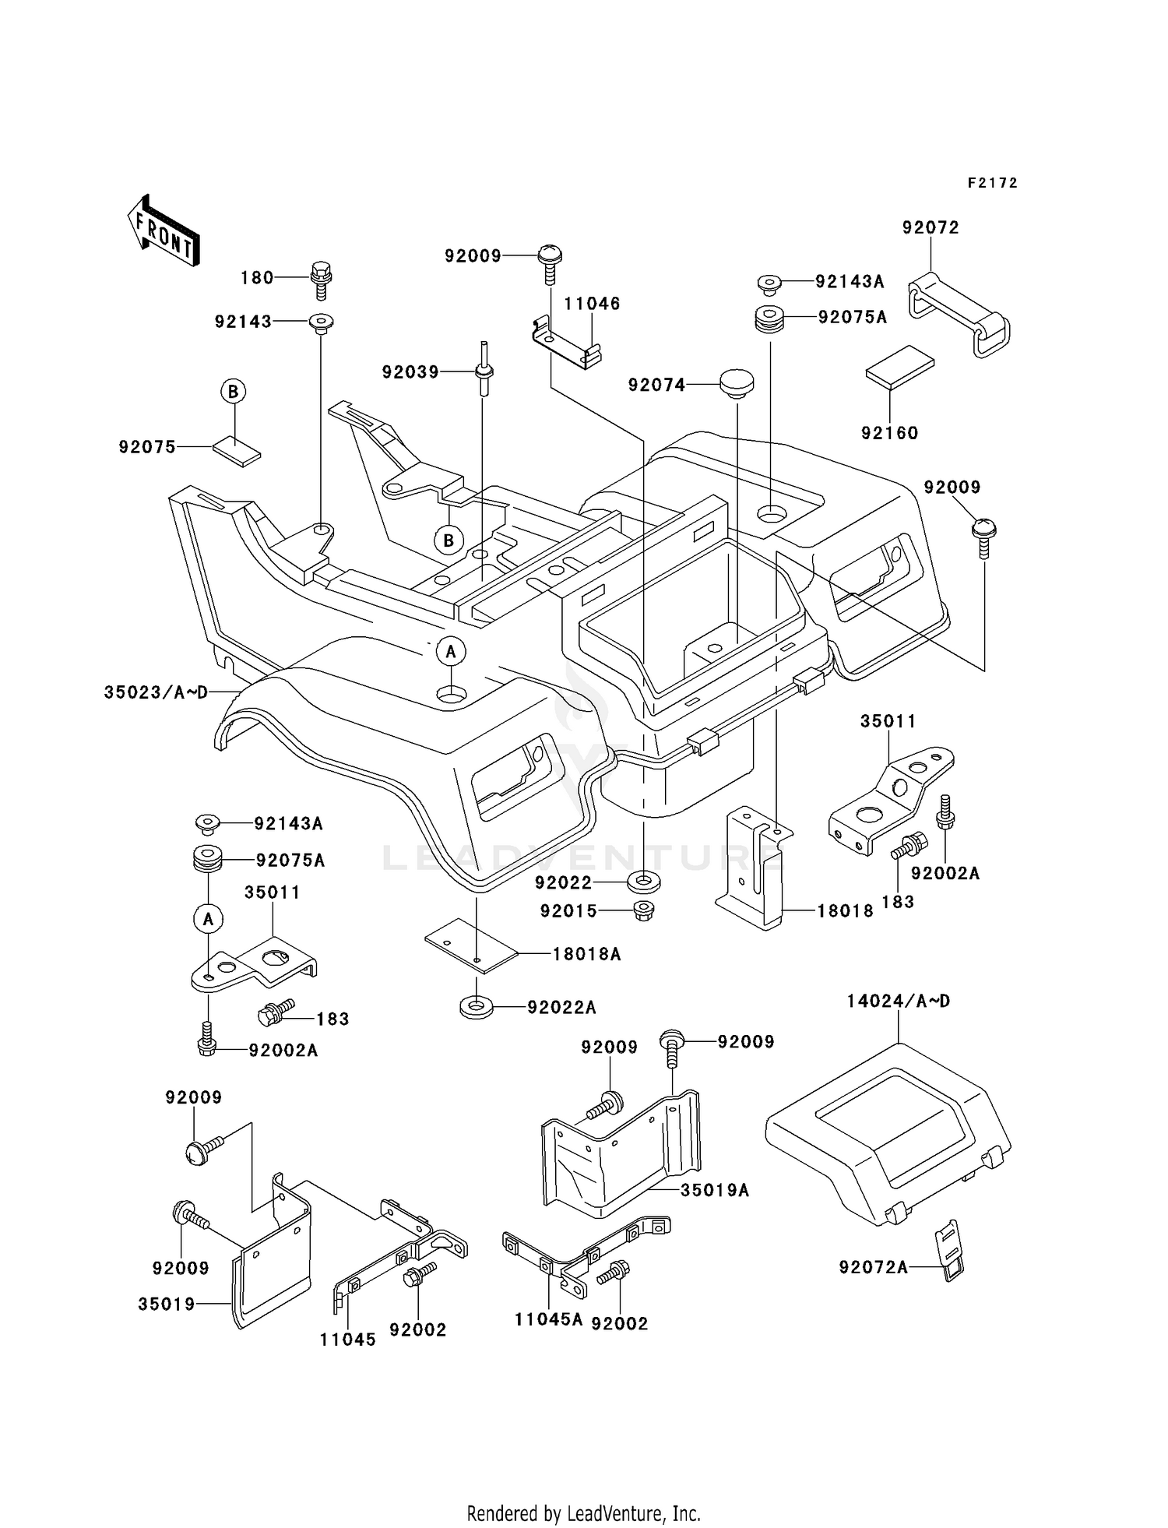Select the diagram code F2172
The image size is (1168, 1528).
[993, 183]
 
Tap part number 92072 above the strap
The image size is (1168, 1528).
[931, 227]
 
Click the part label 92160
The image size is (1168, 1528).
[889, 433]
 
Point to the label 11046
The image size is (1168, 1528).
[592, 304]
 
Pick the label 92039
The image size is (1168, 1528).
[410, 372]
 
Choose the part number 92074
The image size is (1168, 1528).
[656, 385]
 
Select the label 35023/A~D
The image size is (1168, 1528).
[156, 692]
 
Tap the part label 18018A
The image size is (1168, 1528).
[586, 954]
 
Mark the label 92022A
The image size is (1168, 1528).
[561, 1008]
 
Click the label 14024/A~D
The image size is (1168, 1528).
[899, 1002]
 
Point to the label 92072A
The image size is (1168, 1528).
[873, 1268]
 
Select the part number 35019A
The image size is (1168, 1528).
[714, 1190]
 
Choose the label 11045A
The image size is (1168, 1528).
[548, 1319]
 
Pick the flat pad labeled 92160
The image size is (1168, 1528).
[899, 369]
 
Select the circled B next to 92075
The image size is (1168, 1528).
[233, 391]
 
